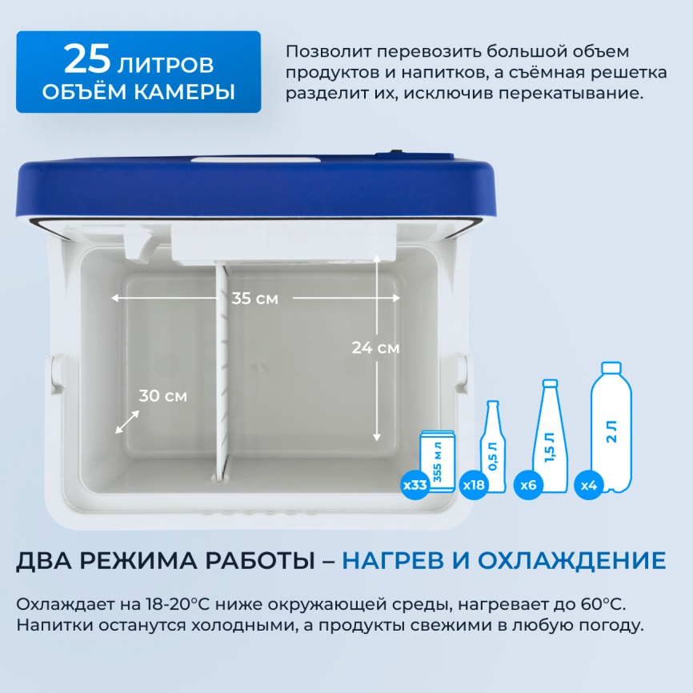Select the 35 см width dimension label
pos(254,298)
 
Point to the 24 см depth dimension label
pos(375,348)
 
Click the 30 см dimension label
pos(162,395)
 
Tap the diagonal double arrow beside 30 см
pos(127,422)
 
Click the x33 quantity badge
pos(415,485)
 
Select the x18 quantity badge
pos(473,485)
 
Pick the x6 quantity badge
pos(527,485)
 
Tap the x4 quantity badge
pos(588,485)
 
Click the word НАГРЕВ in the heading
pos(401,559)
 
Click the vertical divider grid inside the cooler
pos(222,368)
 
